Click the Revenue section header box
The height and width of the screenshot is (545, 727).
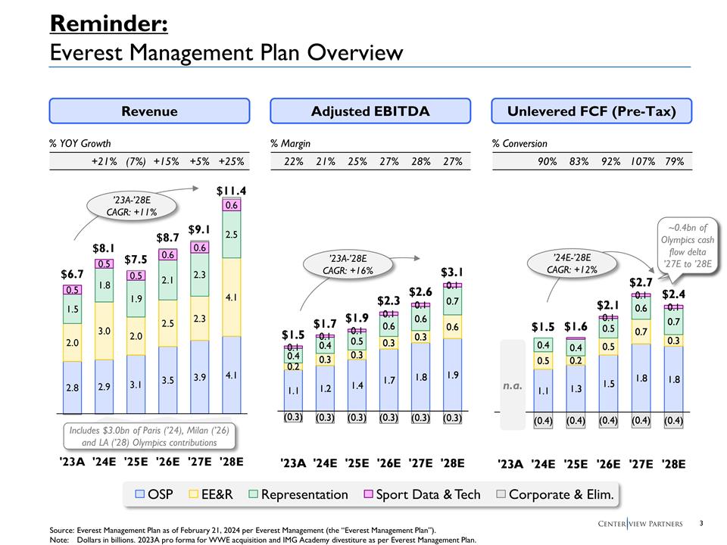point(149,111)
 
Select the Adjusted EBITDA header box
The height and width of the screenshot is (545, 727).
point(370,111)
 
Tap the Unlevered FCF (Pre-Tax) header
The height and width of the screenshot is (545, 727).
point(591,111)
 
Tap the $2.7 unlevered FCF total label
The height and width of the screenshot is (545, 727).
point(641,282)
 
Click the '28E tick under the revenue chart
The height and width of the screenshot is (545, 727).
point(231,462)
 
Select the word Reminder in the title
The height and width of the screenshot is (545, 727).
point(108,23)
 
